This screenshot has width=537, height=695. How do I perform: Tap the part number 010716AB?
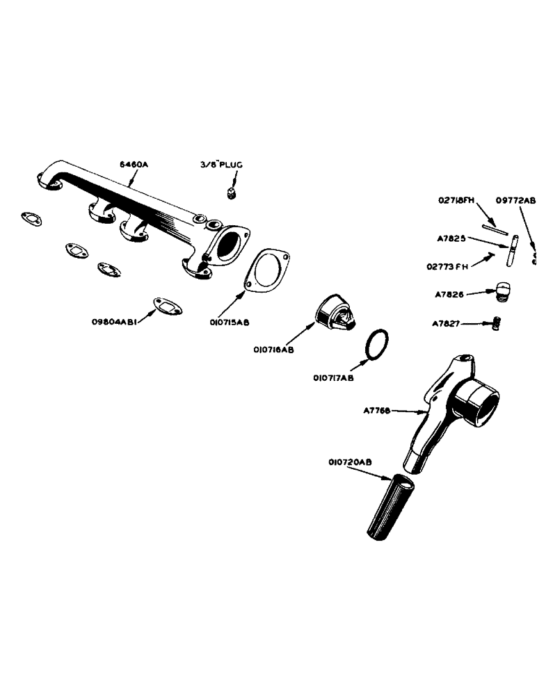pyautogui.click(x=274, y=350)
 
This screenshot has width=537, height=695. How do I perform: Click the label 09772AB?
pyautogui.click(x=515, y=200)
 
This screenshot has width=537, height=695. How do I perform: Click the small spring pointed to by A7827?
pyautogui.click(x=497, y=323)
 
